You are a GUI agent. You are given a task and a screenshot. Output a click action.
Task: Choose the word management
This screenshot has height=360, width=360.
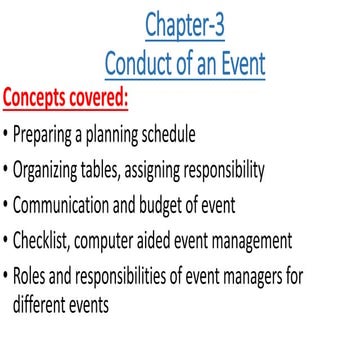(x=277, y=241)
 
